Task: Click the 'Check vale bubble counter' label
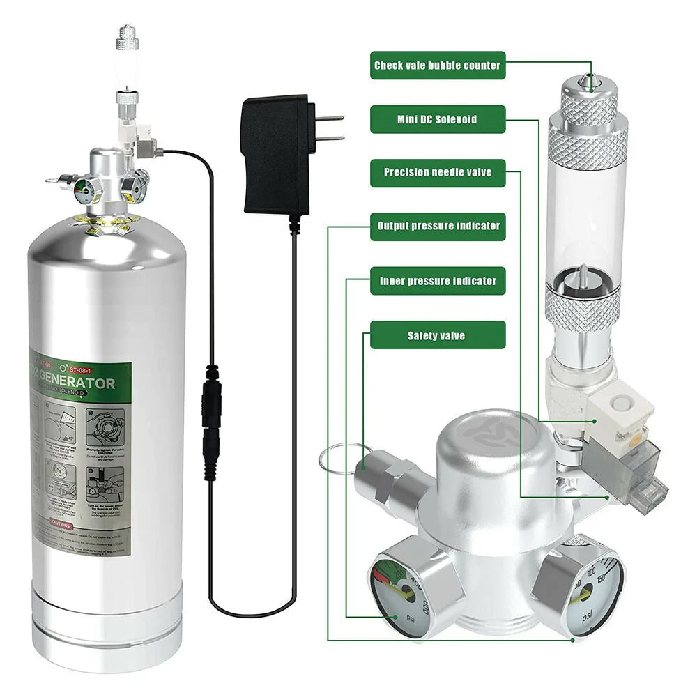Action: pyautogui.click(x=437, y=66)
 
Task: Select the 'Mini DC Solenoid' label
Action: pyautogui.click(x=437, y=119)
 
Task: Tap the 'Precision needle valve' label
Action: pyautogui.click(x=437, y=172)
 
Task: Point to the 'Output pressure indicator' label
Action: pyautogui.click(x=437, y=227)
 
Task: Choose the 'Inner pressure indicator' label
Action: pyautogui.click(x=437, y=281)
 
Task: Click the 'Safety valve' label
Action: pyautogui.click(x=437, y=335)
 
